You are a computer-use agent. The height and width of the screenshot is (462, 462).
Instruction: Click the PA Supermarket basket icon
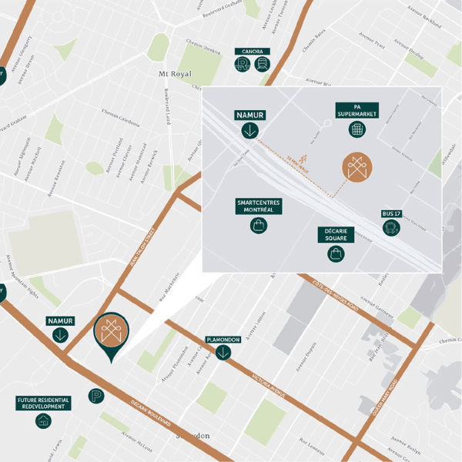coord(357,130)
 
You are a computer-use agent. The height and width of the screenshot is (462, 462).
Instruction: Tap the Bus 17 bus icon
coord(391,228)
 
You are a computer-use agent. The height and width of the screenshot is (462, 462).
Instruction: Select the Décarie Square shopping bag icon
coord(336,253)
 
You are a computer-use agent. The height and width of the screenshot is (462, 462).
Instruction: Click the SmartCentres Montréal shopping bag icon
coord(258,226)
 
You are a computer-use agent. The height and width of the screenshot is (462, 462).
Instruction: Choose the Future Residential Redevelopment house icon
coord(44,420)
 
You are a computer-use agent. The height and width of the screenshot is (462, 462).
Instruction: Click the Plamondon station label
coord(223,339)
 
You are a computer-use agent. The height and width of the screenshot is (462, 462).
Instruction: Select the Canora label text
coord(253,52)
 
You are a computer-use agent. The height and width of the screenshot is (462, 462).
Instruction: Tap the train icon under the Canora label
coord(262,65)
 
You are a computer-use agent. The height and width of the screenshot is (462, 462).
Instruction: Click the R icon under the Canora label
coord(243,65)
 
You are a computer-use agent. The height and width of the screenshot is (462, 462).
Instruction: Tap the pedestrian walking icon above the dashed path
coord(290,149)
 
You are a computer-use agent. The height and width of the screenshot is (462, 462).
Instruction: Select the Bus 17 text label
coord(391,213)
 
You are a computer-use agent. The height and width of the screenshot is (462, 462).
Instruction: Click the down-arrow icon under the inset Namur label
coord(249,130)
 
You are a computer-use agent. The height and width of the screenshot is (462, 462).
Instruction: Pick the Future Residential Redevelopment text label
coord(44,403)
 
